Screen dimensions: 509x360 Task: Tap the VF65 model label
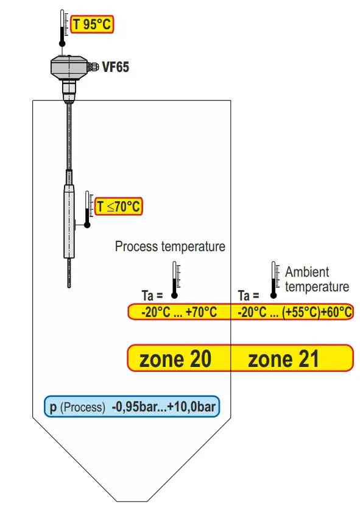115,66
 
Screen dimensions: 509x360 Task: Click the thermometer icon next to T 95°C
62,28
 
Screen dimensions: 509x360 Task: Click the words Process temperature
170,246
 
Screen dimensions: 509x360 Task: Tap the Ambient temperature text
317,279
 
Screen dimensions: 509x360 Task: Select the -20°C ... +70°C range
179,312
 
